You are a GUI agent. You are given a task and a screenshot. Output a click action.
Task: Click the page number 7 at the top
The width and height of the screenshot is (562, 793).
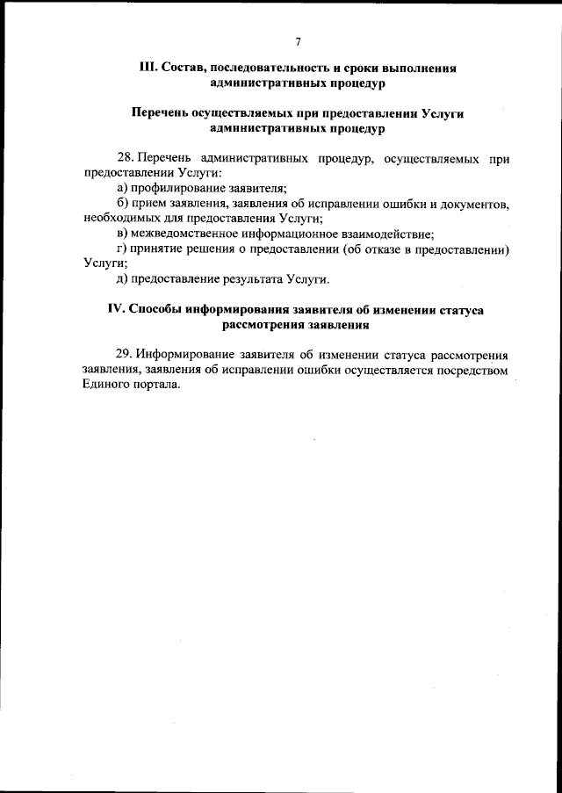click(298, 41)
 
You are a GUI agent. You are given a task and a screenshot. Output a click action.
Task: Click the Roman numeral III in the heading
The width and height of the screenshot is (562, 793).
click(147, 68)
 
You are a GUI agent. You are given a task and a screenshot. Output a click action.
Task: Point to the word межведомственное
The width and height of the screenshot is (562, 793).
click(188, 234)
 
